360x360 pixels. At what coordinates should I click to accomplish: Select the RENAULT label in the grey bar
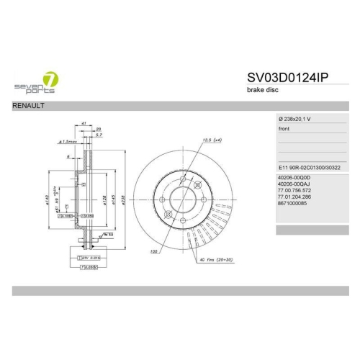(x=30, y=106)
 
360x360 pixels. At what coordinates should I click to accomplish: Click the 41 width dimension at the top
(x=84, y=124)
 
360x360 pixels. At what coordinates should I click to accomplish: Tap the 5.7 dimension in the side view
(x=99, y=135)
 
